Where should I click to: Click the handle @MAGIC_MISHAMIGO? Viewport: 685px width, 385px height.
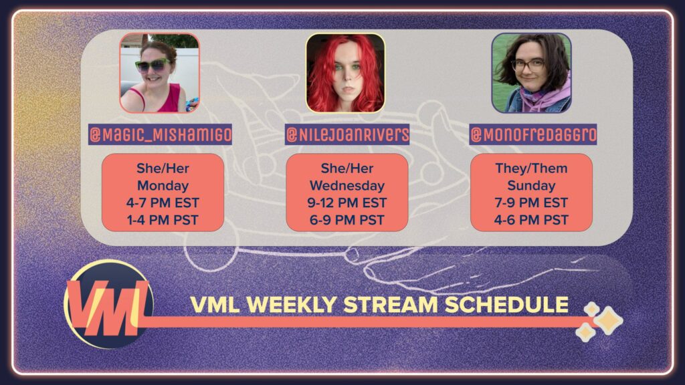pyautogui.click(x=160, y=134)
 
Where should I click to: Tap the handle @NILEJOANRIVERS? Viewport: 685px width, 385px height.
pyautogui.click(x=347, y=134)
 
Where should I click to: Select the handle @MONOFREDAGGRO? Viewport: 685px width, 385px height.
pyautogui.click(x=533, y=134)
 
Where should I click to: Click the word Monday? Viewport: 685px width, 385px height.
pyautogui.click(x=163, y=186)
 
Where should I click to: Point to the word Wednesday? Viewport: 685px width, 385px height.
pyautogui.click(x=347, y=186)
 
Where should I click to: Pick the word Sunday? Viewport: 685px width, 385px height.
pyautogui.click(x=531, y=186)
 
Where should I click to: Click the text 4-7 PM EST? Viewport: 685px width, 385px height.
pyautogui.click(x=163, y=203)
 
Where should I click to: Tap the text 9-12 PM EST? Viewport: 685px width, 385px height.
pyautogui.click(x=347, y=203)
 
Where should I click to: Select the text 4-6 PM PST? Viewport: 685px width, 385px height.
pyautogui.click(x=531, y=220)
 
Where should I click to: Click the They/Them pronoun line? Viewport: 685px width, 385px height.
pyautogui.click(x=531, y=168)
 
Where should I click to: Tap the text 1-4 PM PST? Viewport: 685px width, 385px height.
pyautogui.click(x=163, y=220)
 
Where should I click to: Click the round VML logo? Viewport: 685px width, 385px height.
pyautogui.click(x=108, y=305)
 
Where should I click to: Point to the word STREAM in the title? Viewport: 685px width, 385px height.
pyautogui.click(x=390, y=305)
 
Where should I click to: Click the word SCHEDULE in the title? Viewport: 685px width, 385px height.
pyautogui.click(x=507, y=305)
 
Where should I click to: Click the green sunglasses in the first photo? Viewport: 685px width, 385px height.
pyautogui.click(x=153, y=66)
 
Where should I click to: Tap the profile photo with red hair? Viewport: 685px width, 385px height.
pyautogui.click(x=346, y=73)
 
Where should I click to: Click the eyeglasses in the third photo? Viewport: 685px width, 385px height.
pyautogui.click(x=528, y=66)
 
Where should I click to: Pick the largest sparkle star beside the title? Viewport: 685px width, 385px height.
pyautogui.click(x=607, y=320)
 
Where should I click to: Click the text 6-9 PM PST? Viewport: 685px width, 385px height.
pyautogui.click(x=347, y=220)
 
